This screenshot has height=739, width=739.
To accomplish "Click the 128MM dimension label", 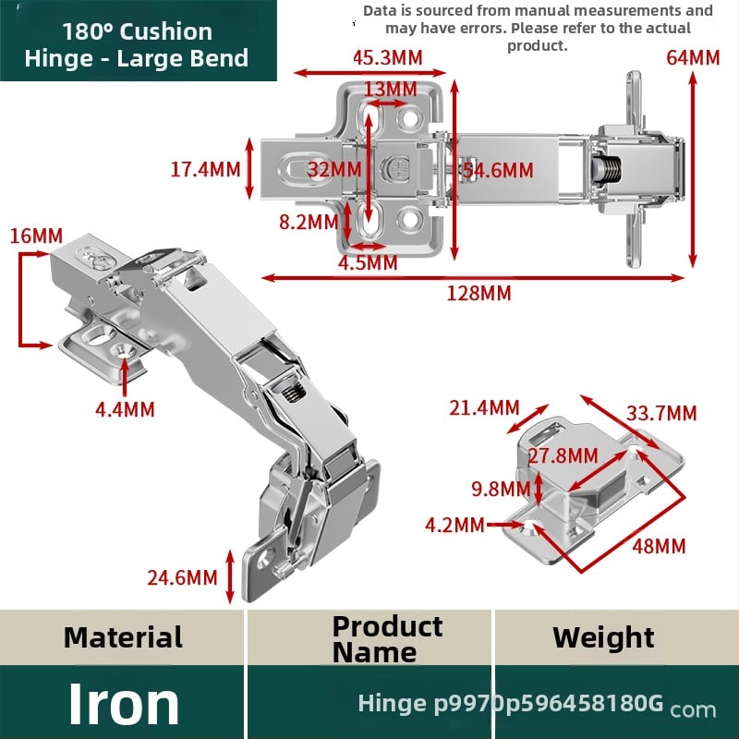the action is [x=479, y=293].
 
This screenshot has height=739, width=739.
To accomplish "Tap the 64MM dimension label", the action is [x=693, y=58].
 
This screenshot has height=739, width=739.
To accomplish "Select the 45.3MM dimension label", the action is [x=387, y=57].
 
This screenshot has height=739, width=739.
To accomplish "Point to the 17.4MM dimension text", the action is [x=205, y=169].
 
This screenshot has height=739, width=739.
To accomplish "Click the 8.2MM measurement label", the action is [x=309, y=222].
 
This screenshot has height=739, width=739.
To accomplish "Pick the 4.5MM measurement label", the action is [x=368, y=262].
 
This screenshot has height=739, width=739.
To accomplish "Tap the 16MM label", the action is [x=36, y=236].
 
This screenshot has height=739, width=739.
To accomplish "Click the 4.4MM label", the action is [x=125, y=409].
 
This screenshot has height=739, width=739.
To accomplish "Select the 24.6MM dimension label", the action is [x=182, y=577].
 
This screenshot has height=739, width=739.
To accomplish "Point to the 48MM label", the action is [x=659, y=546].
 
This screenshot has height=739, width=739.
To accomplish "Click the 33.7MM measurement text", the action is [x=661, y=413].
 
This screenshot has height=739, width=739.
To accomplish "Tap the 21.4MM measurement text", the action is [x=484, y=407].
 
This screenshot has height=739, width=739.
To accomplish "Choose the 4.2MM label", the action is [x=454, y=525].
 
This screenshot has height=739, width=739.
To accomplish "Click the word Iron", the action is [x=124, y=703].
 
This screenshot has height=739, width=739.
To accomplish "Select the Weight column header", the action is [x=603, y=637].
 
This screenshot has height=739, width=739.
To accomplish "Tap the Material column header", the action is [x=123, y=637].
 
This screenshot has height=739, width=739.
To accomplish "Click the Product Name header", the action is [x=387, y=639].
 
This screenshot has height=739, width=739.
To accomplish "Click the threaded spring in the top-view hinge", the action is [x=606, y=169].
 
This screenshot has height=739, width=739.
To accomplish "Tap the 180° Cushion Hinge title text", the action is [x=137, y=44].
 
